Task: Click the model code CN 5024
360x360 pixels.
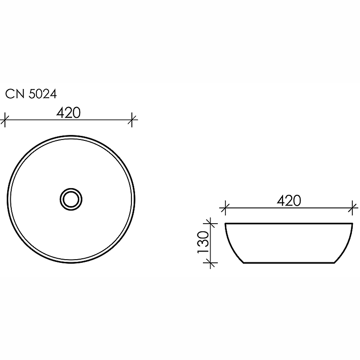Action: tap(31, 94)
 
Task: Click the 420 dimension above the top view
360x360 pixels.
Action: tap(68, 113)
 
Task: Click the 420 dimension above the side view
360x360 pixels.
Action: tap(288, 201)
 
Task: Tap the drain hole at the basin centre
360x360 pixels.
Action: tap(71, 198)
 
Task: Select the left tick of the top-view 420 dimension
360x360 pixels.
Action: tap(4, 120)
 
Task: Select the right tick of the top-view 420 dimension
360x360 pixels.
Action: tap(132, 120)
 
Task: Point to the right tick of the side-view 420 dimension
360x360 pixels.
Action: tap(352, 208)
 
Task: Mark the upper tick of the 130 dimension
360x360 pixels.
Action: tap(210, 223)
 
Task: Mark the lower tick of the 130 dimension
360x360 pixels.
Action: tap(210, 263)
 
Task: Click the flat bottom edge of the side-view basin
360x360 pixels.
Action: tap(288, 263)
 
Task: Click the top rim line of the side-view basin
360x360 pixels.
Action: tap(288, 223)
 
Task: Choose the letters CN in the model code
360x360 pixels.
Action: tap(13, 94)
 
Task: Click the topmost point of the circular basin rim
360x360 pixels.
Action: tap(71, 134)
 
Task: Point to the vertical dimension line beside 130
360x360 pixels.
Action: tap(210, 243)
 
